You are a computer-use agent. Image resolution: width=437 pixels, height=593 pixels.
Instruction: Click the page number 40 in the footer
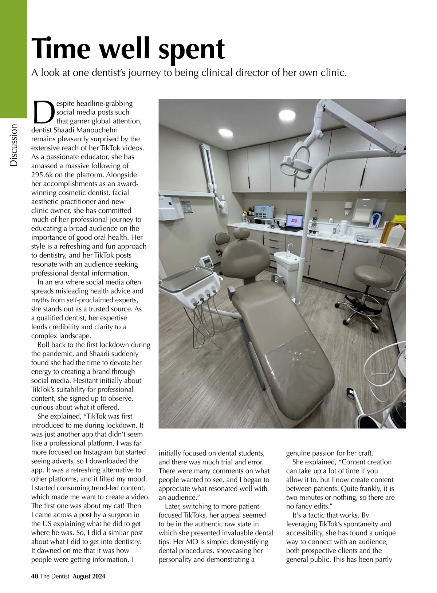(35, 576)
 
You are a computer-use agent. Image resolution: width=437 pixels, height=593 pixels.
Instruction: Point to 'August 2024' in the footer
(89, 576)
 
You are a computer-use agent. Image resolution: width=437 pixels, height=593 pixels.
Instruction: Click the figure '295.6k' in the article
(42, 174)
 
